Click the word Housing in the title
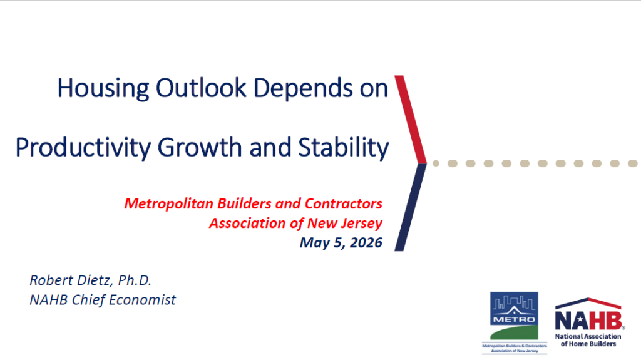pyautogui.click(x=103, y=88)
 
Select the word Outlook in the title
pyautogui.click(x=201, y=88)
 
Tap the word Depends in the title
pyautogui.click(x=303, y=88)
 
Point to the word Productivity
pyautogui.click(x=83, y=148)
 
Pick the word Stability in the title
pyautogui.click(x=344, y=148)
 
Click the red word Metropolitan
pyautogui.click(x=169, y=203)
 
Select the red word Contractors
pyautogui.click(x=344, y=203)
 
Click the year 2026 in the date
pyautogui.click(x=366, y=242)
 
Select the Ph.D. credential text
pyautogui.click(x=135, y=280)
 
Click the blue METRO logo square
pyautogui.click(x=514, y=316)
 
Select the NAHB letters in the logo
pyautogui.click(x=589, y=320)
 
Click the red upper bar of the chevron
pyautogui.click(x=411, y=120)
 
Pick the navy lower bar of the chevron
pyautogui.click(x=411, y=207)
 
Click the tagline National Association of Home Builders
pyautogui.click(x=588, y=340)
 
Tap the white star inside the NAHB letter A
pyautogui.click(x=580, y=321)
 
